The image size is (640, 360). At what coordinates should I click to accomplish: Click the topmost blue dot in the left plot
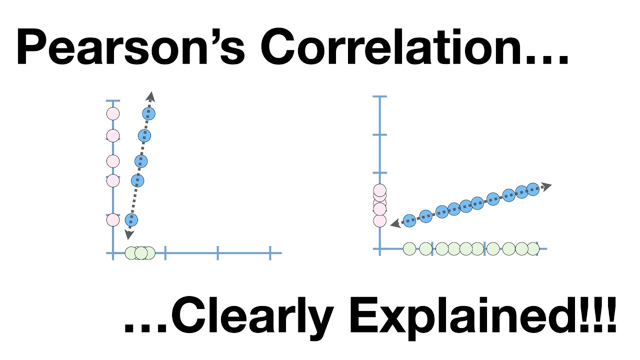click(149, 113)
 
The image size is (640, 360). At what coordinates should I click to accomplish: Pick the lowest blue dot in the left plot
click(131, 219)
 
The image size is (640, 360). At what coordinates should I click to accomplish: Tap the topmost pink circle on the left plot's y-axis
click(113, 113)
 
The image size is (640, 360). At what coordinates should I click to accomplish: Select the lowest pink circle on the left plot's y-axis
click(113, 219)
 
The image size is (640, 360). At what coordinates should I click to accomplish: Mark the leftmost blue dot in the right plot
click(409, 220)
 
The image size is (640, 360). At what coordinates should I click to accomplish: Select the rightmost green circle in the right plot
click(533, 248)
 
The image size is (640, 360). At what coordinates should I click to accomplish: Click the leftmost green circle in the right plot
click(409, 248)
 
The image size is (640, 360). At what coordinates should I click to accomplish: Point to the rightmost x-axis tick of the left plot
click(270, 253)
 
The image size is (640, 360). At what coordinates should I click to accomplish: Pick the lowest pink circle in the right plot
click(380, 220)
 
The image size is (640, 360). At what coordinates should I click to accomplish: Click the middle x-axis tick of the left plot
click(218, 253)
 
